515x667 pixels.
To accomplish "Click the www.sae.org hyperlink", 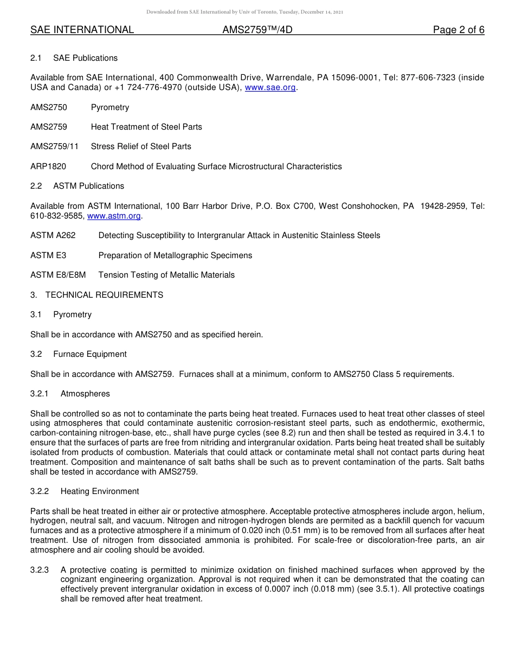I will click(x=270, y=87).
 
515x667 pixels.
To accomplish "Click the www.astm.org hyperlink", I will click(x=114, y=216).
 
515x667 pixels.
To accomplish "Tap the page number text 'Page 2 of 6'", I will click(x=458, y=30).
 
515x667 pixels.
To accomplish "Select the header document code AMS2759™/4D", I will click(x=257, y=30).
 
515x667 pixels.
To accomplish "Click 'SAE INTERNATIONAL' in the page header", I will click(x=82, y=30).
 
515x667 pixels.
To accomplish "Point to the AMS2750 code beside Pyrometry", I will click(x=49, y=107).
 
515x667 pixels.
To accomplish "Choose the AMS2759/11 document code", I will click(x=54, y=146).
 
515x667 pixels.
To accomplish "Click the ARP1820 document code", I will click(x=48, y=166).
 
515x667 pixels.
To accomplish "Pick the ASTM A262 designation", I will click(x=53, y=235).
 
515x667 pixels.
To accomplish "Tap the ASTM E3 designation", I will click(x=48, y=255).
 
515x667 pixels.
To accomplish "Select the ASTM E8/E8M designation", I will click(x=58, y=275).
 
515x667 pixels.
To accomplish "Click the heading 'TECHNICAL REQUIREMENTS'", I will click(x=104, y=295).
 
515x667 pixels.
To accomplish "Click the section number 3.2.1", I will click(x=40, y=394).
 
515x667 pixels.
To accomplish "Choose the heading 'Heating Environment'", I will click(x=100, y=491).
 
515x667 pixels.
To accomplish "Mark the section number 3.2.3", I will click(x=40, y=570).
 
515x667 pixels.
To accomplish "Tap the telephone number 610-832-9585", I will click(x=56, y=216).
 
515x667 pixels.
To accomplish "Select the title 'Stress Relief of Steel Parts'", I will click(x=141, y=146).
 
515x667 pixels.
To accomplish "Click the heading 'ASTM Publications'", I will click(x=88, y=186).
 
